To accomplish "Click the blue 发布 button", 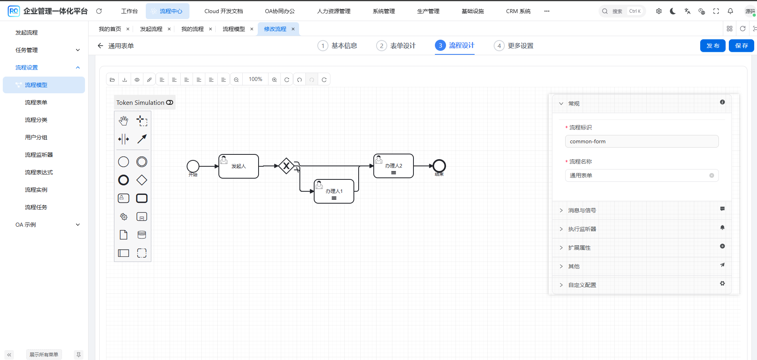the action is [713, 46].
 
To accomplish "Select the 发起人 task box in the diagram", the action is [239, 166].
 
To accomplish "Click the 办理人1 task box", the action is [334, 191].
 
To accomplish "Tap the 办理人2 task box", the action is [394, 166].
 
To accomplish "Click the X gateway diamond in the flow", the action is [286, 166].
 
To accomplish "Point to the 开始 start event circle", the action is [193, 166].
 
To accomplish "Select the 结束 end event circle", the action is [439, 166].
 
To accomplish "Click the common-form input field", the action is [642, 141].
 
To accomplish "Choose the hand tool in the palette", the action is [124, 120].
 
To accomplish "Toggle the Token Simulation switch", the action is [170, 102].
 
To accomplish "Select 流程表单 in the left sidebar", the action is [36, 102].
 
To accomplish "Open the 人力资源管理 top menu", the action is [334, 11].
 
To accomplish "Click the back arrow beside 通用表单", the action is [100, 46].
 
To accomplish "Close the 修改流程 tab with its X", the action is [293, 29].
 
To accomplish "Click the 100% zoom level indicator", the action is [255, 79].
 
